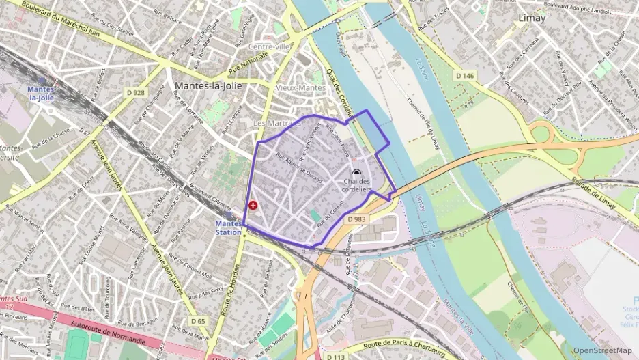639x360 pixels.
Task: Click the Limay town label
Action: (x=531, y=18)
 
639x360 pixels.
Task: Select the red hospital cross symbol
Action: (x=253, y=205)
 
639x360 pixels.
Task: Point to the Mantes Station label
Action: (x=228, y=227)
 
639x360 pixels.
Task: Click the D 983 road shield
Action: (x=356, y=219)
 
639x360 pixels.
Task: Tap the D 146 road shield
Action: (x=464, y=76)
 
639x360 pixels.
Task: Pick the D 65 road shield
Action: (x=198, y=320)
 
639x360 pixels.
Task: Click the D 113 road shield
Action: (x=335, y=357)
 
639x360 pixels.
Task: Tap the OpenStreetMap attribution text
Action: (x=602, y=350)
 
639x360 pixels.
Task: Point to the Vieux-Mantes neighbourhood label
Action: (x=300, y=88)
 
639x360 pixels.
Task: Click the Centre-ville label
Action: (x=270, y=46)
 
